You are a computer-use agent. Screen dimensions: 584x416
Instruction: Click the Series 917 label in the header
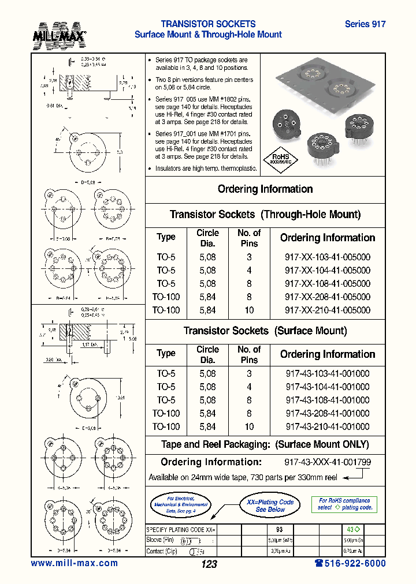pyautogui.click(x=365, y=24)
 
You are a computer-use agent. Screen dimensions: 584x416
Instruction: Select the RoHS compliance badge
pyautogui.click(x=281, y=159)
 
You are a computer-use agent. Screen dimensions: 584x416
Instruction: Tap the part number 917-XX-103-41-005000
pyautogui.click(x=327, y=257)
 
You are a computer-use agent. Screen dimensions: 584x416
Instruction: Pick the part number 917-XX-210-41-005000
pyautogui.click(x=327, y=310)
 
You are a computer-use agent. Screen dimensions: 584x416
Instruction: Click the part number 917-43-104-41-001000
pyautogui.click(x=327, y=387)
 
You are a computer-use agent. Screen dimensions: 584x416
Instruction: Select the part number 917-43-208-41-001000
pyautogui.click(x=327, y=413)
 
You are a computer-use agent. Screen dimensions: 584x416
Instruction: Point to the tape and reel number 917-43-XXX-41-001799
pyautogui.click(x=327, y=462)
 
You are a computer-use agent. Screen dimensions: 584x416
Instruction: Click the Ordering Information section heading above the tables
pyautogui.click(x=265, y=189)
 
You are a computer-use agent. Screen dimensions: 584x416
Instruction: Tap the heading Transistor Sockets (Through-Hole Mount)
pyautogui.click(x=265, y=215)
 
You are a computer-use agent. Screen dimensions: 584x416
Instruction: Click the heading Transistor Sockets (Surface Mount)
pyautogui.click(x=265, y=331)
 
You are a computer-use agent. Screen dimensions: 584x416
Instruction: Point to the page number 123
pyautogui.click(x=209, y=564)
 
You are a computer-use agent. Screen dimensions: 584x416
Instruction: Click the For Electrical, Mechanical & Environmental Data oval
pyautogui.click(x=180, y=504)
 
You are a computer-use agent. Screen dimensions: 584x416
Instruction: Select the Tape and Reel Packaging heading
pyautogui.click(x=265, y=444)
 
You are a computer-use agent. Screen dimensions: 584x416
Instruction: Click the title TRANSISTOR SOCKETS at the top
pyautogui.click(x=208, y=24)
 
